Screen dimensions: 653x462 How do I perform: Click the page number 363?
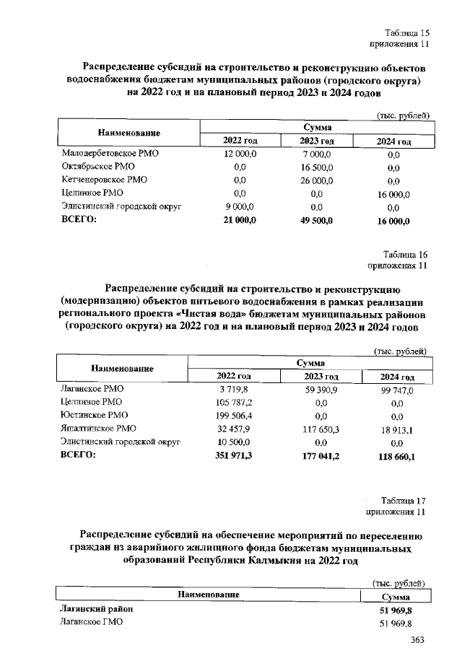tap(417, 640)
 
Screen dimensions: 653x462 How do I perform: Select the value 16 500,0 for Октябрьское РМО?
tap(315, 167)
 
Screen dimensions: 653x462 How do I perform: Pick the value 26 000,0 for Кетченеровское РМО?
tap(315, 180)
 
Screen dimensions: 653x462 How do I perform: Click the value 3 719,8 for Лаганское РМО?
tap(235, 389)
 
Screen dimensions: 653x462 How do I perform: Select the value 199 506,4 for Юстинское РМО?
tap(235, 415)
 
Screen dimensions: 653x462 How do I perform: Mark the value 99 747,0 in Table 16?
tap(396, 390)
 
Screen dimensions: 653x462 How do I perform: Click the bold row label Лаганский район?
tap(95, 610)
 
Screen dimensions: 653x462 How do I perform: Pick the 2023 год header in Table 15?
tap(315, 141)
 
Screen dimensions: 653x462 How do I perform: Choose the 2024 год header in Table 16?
tap(397, 377)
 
